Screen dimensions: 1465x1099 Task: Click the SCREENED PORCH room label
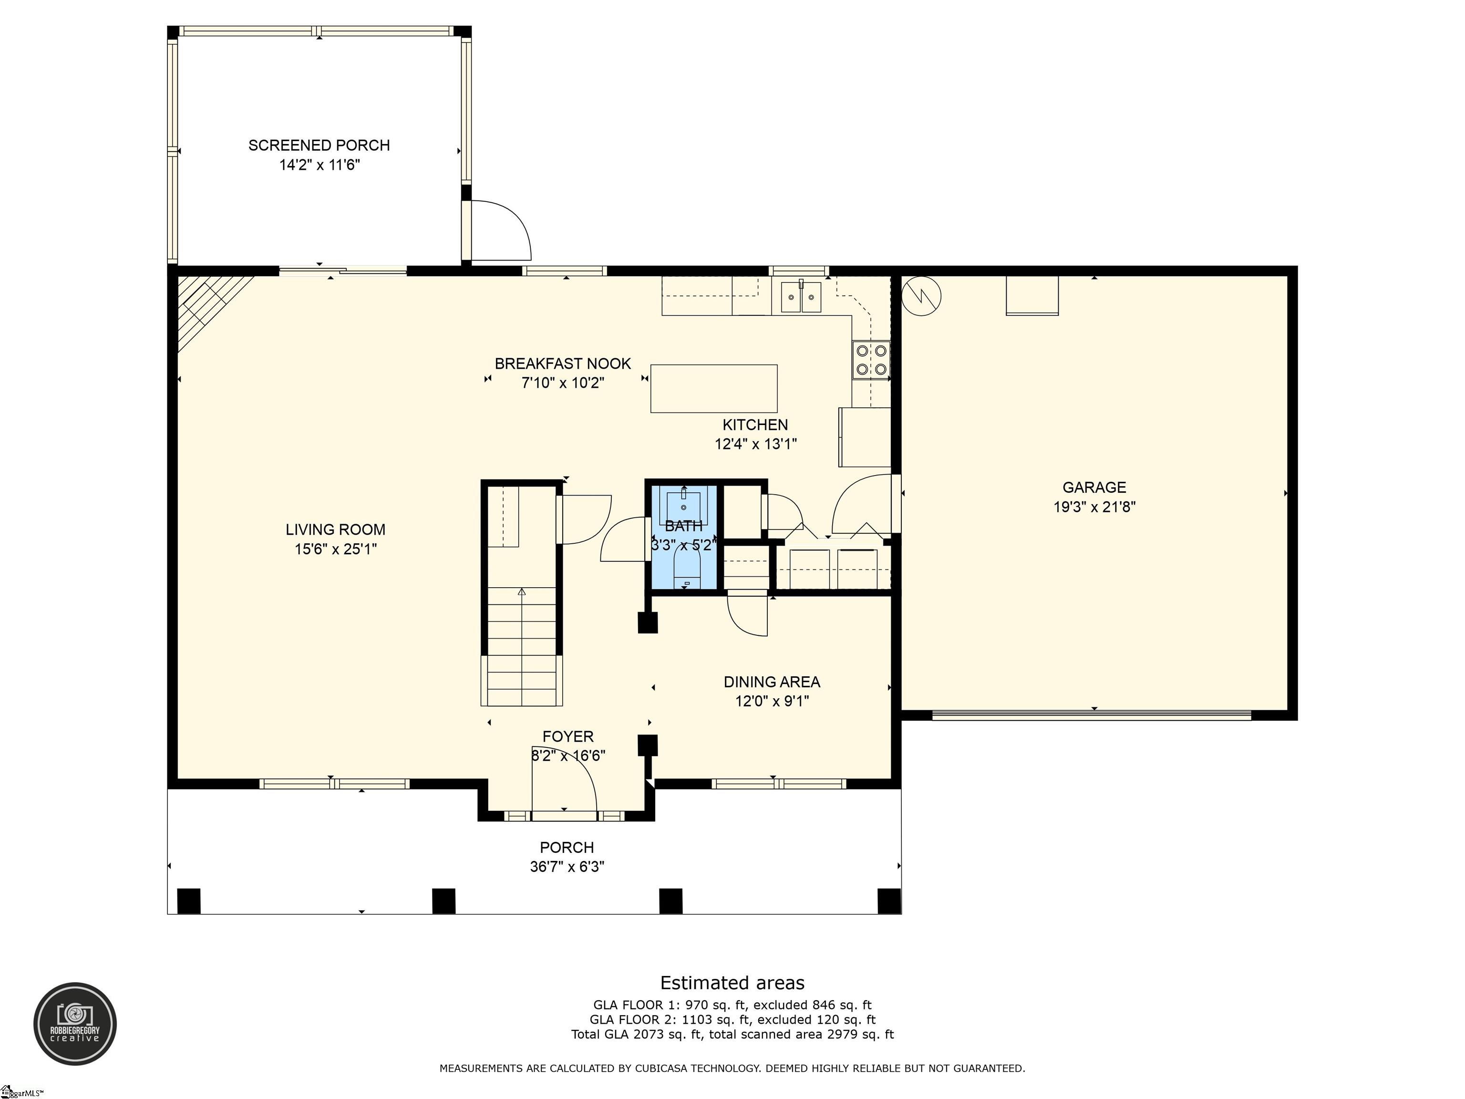click(319, 145)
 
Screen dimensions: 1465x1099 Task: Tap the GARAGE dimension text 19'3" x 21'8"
click(1094, 507)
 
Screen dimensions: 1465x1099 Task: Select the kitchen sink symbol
click(801, 296)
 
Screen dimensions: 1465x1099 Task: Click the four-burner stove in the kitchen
click(871, 360)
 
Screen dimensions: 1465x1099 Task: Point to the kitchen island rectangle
click(714, 388)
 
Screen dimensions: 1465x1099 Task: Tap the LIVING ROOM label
click(335, 529)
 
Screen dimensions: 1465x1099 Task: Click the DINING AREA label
click(772, 682)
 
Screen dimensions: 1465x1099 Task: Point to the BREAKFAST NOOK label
click(563, 363)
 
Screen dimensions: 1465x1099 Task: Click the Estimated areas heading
click(732, 983)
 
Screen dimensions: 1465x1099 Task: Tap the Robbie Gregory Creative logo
click(75, 1024)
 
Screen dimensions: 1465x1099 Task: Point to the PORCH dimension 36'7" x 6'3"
click(567, 867)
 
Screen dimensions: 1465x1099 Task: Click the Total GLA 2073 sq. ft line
click(732, 1034)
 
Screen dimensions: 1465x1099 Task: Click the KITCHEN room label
click(755, 425)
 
